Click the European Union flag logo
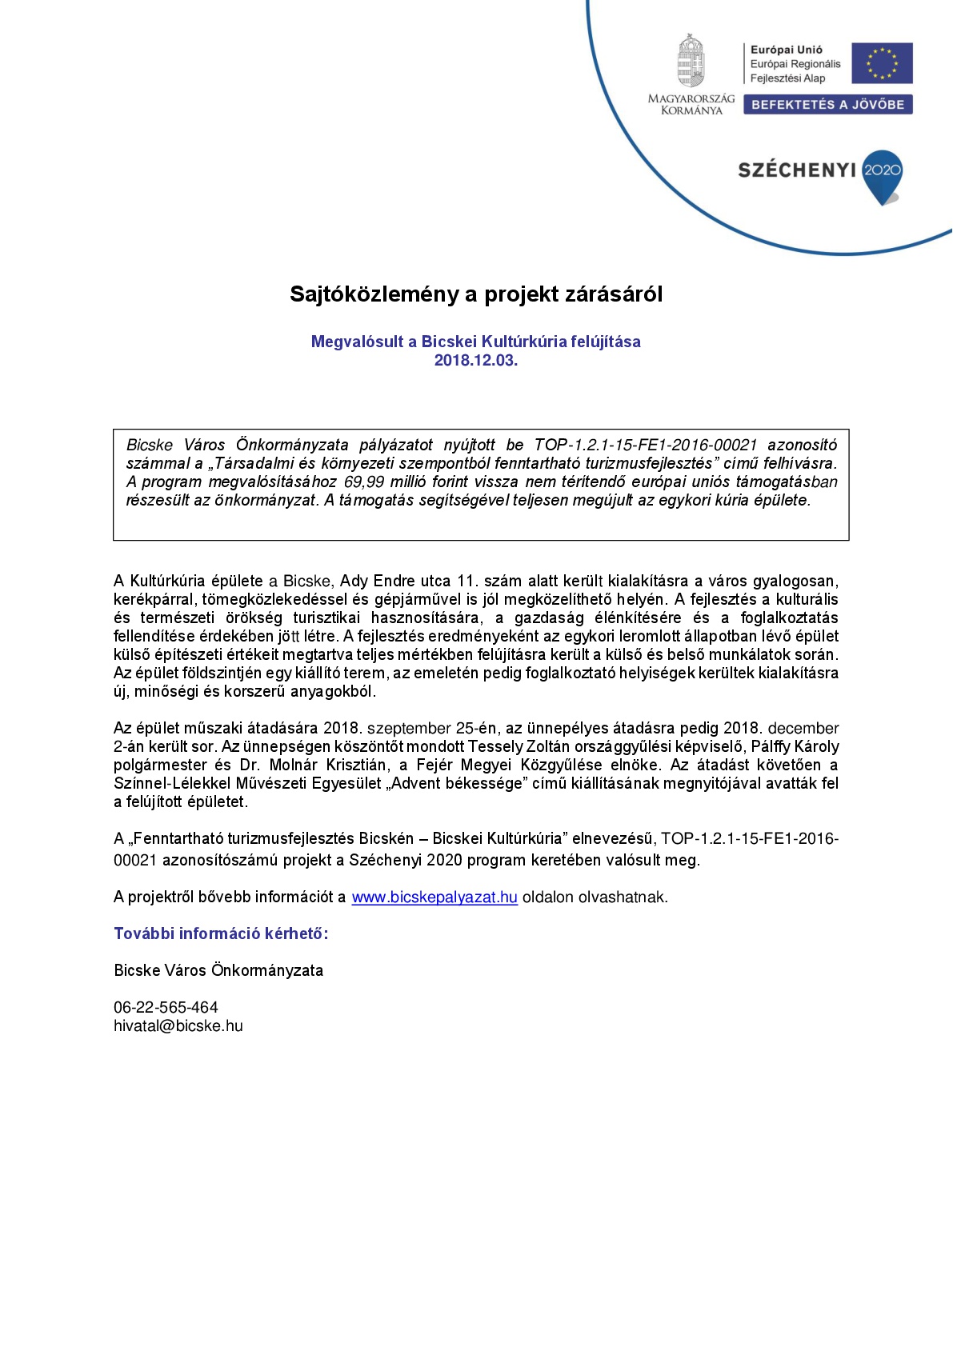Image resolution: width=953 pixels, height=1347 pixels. [x=882, y=63]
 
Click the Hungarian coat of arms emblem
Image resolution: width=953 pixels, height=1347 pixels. [x=691, y=61]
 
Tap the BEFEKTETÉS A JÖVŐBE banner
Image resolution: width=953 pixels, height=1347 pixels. [x=827, y=105]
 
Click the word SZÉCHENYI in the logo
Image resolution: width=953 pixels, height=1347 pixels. [x=796, y=170]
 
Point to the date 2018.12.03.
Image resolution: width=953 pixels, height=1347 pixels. [x=476, y=361]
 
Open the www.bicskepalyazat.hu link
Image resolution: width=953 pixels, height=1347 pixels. [x=434, y=897]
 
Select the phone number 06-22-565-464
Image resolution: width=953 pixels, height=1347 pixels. [x=166, y=1008]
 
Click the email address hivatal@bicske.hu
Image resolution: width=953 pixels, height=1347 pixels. [x=178, y=1026]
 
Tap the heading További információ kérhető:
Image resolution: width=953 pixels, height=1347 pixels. [x=221, y=933]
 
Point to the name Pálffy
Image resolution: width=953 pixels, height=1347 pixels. [x=775, y=747]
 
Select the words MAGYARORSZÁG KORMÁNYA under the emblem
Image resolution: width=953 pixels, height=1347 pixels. [x=691, y=105]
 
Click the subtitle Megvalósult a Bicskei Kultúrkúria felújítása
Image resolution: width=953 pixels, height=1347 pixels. [x=476, y=342]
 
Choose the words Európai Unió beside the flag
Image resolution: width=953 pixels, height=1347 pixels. [x=786, y=50]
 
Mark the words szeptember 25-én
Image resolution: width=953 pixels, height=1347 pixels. [x=432, y=729]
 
